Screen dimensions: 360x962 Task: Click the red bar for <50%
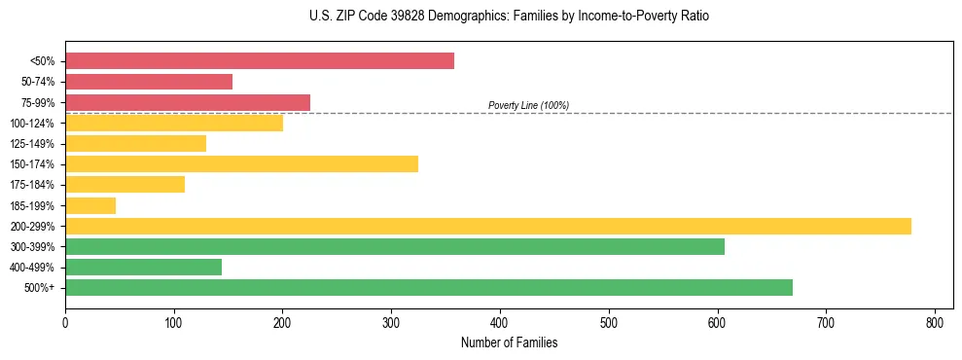260,61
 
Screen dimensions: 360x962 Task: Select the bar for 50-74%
149,82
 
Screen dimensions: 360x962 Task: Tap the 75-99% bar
188,102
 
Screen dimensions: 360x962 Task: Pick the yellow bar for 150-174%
241,163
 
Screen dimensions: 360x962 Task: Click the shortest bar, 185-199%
90,205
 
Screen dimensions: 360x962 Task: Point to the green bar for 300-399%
395,246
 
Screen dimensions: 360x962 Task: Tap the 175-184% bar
125,185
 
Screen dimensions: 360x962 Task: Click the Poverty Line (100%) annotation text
528,105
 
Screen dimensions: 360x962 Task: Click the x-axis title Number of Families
509,342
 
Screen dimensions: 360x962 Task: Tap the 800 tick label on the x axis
935,321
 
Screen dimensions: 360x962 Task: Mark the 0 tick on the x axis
65,321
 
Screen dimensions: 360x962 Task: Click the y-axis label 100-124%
32,124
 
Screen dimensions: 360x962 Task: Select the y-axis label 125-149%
32,144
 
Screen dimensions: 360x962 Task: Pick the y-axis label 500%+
40,288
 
